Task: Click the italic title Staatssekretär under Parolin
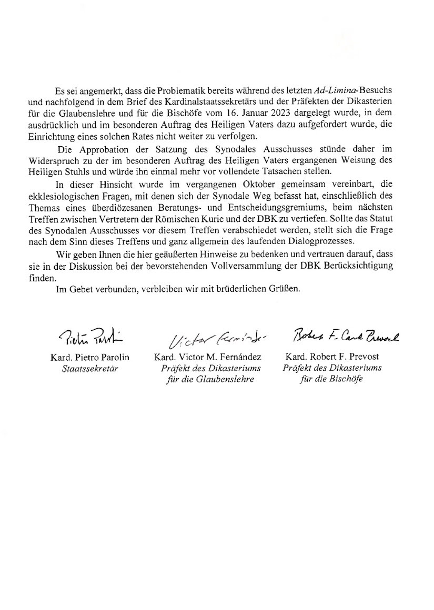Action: (90, 368)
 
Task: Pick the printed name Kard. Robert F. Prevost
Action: (331, 358)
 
